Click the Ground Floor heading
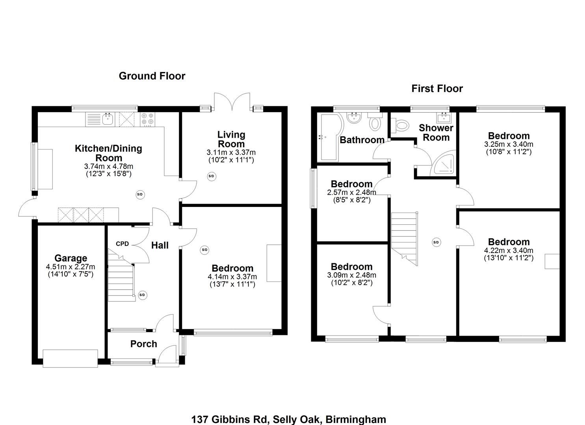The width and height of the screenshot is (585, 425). [x=152, y=76]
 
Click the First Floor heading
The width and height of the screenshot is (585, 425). [x=437, y=89]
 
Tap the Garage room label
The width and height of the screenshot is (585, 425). [x=71, y=258]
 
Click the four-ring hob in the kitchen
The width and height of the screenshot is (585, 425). [x=148, y=120]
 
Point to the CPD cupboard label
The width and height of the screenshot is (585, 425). [x=122, y=244]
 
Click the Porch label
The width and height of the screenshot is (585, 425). [x=143, y=344]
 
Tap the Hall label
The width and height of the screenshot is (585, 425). [x=160, y=246]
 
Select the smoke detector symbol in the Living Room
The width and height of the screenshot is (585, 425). [x=211, y=176]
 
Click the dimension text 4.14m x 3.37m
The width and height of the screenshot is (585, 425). [x=232, y=277]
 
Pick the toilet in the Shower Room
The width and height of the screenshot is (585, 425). [x=400, y=126]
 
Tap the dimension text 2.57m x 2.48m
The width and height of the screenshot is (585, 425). [x=351, y=192]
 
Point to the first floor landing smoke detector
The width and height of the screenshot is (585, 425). [x=436, y=242]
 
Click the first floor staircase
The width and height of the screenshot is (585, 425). [x=404, y=237]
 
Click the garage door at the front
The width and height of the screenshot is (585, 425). [x=70, y=358]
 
